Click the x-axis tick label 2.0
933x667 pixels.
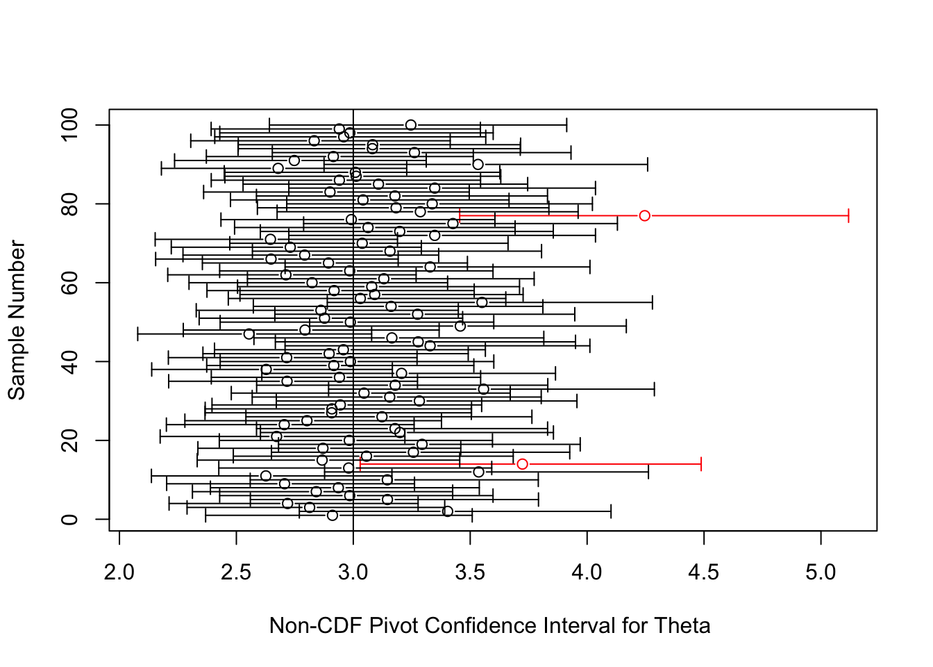coord(119,573)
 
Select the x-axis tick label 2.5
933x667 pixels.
coord(236,573)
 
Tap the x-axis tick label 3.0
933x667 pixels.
coord(353,573)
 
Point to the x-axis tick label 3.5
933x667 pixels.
coord(470,573)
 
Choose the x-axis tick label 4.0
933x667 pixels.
coord(587,573)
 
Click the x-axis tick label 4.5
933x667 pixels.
coord(704,573)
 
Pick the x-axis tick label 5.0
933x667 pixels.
coord(821,573)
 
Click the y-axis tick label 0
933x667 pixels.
coord(69,519)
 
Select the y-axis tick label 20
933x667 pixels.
coord(69,440)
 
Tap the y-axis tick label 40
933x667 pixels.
coord(69,361)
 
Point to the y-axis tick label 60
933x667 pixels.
coord(69,283)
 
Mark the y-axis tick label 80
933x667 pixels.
coord(69,204)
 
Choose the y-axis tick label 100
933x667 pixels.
coord(69,125)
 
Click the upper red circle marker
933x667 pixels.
coord(644,211)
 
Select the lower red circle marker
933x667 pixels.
coord(522,459)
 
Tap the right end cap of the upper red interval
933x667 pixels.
coord(848,216)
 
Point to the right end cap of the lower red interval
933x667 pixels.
coord(701,464)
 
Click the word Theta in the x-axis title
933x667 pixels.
coord(682,626)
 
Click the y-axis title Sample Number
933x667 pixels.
coord(17,320)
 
